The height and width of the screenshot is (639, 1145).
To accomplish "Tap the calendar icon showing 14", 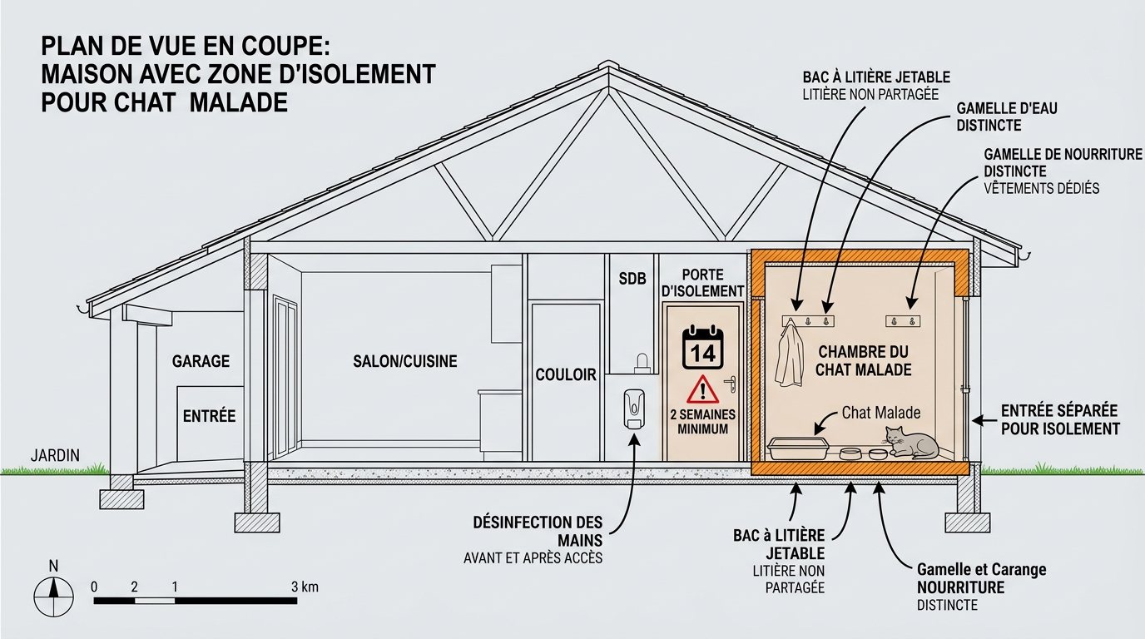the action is [703, 348].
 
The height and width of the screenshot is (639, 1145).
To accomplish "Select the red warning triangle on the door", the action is [703, 390].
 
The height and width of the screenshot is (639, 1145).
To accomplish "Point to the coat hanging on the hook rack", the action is [789, 355].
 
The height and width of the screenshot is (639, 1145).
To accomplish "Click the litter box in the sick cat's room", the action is [798, 448].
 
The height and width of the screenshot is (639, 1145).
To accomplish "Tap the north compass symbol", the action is [53, 597].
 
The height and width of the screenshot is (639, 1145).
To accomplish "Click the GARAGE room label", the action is [201, 361].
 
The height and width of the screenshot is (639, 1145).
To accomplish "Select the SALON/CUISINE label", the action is [405, 361].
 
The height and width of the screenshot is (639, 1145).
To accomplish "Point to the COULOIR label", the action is [566, 374].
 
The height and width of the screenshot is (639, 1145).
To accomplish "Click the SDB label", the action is [632, 279].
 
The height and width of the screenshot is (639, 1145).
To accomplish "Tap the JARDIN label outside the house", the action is [55, 455].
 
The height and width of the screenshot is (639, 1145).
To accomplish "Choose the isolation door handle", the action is [731, 384].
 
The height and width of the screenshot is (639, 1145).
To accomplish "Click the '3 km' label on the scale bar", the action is [305, 587].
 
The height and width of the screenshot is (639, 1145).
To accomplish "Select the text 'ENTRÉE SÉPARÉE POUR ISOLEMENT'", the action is [1060, 419].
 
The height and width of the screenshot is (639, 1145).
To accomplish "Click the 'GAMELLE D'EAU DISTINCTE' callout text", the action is [1007, 116].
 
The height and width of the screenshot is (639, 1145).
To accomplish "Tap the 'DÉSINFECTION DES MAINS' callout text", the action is [538, 531].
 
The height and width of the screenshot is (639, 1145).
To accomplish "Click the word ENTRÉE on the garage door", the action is [209, 416].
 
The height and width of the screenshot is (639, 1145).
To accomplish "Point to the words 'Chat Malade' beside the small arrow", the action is [880, 413].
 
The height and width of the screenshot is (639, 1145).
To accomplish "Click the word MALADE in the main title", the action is [238, 102].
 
